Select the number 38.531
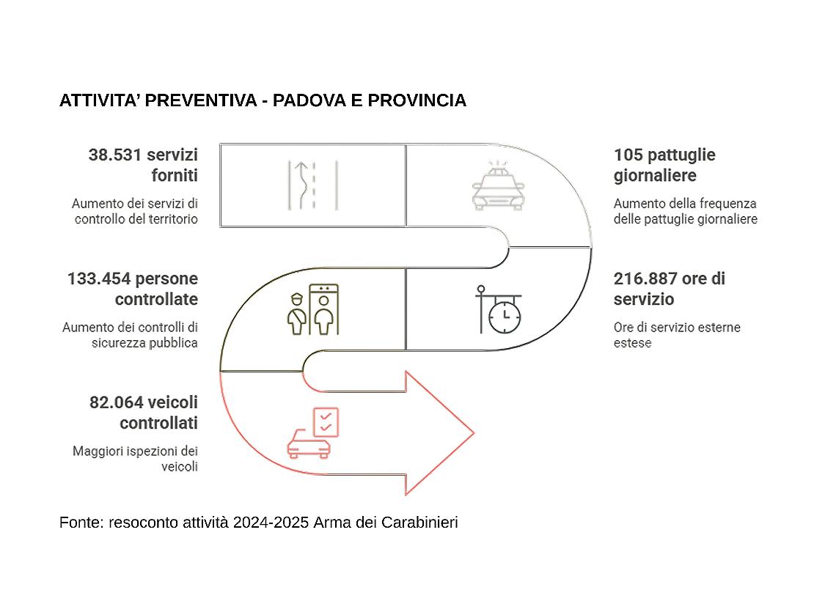pyautogui.click(x=115, y=155)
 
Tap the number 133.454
pyautogui.click(x=99, y=279)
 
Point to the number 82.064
pyautogui.click(x=116, y=402)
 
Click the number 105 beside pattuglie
pyautogui.click(x=628, y=155)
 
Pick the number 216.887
pyautogui.click(x=645, y=279)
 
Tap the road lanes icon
pyautogui.click(x=312, y=185)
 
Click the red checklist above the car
pyautogui.click(x=325, y=421)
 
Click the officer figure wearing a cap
pyautogui.click(x=296, y=315)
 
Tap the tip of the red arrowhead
pyautogui.click(x=473, y=432)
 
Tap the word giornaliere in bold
pyautogui.click(x=655, y=176)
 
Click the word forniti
pyautogui.click(x=175, y=176)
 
